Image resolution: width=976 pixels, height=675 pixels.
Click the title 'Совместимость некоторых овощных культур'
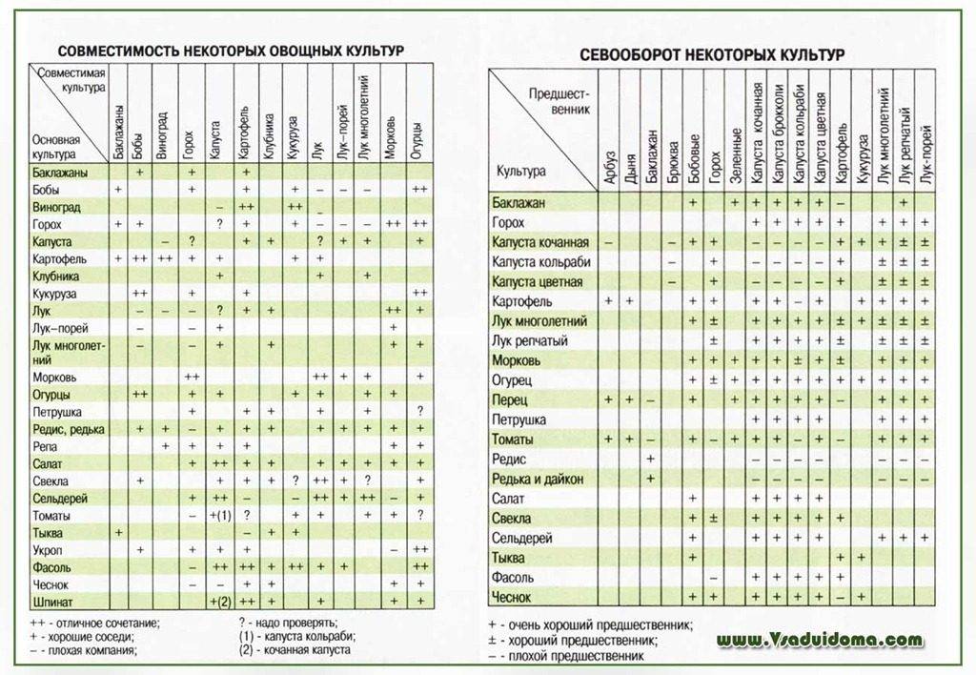coord(231,50)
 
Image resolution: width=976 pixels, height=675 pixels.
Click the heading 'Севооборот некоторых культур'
coord(712,55)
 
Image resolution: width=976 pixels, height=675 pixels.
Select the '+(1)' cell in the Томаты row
coord(220,516)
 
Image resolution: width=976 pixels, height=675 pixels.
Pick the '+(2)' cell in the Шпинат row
coord(220,602)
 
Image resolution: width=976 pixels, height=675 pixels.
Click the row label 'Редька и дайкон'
coord(538,479)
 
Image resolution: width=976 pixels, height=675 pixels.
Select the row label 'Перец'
coord(510,399)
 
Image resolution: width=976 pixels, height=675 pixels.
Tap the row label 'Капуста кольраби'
coord(540,262)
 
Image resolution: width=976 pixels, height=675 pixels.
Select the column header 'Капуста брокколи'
coord(778,133)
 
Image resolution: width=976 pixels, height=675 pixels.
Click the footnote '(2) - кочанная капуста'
coord(295,650)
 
